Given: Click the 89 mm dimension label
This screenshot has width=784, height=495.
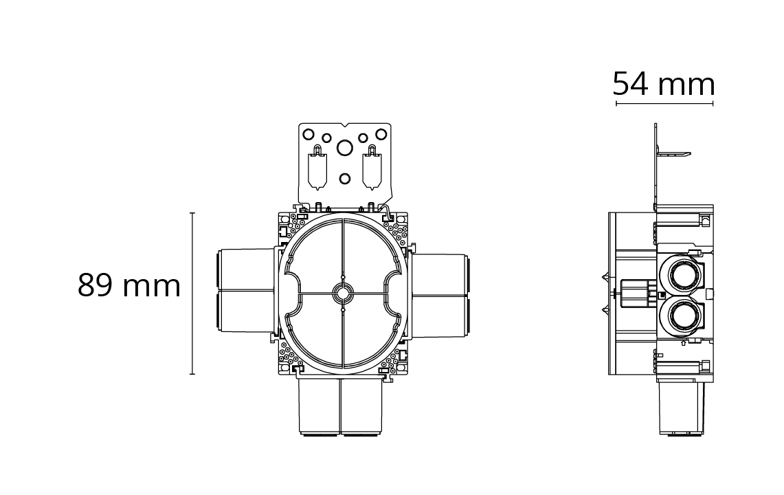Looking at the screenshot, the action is (129, 286).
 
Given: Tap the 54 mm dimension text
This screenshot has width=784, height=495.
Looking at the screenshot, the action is (664, 84).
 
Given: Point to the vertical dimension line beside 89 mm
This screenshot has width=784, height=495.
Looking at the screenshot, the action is (192, 294).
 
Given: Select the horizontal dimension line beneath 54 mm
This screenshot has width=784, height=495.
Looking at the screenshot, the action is (664, 104).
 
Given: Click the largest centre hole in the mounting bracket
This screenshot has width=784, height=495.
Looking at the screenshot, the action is (344, 148).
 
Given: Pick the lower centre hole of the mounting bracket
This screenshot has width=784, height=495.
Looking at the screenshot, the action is (344, 178).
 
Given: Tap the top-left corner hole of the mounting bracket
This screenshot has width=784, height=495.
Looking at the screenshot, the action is (309, 133).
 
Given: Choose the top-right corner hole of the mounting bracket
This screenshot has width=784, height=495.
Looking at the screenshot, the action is (381, 133).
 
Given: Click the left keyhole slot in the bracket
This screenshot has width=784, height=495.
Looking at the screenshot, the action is (317, 168).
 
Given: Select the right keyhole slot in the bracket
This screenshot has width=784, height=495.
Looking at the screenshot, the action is (372, 168).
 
